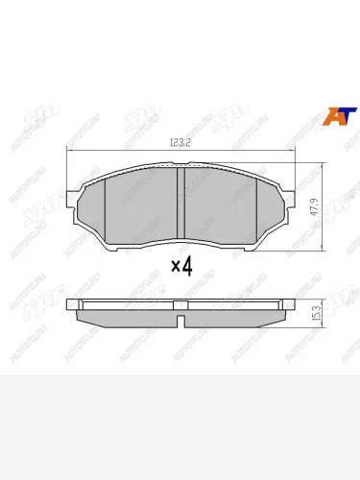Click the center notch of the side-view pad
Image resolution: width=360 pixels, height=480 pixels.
pos(180,306)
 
